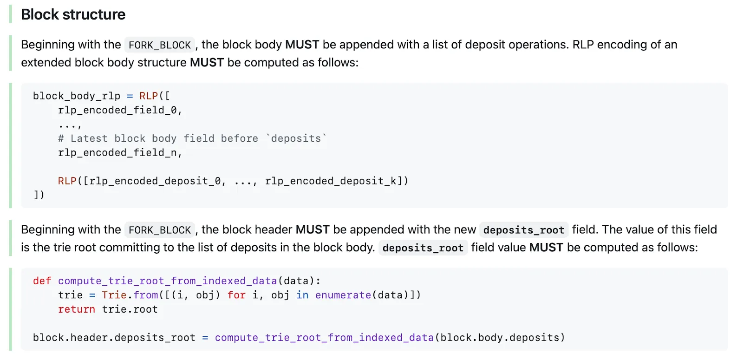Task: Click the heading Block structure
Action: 73,14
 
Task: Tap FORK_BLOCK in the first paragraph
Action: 159,45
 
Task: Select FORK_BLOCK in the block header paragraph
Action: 159,230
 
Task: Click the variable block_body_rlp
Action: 77,96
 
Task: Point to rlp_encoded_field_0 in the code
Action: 117,110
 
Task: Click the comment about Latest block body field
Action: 192,138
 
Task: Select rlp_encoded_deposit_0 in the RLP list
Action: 155,181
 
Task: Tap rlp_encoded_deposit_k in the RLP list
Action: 331,181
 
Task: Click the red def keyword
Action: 42,281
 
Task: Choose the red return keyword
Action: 76,309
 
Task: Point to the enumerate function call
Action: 343,295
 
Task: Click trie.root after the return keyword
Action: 130,309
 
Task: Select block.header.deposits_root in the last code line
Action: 114,338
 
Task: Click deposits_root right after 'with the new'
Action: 523,230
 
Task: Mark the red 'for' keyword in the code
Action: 236,295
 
